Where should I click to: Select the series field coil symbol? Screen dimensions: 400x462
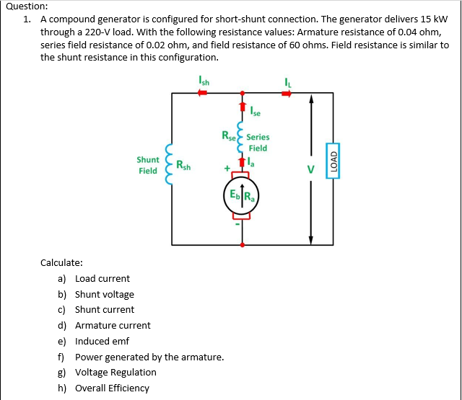(x=241, y=139)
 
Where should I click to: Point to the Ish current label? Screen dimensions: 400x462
(x=204, y=81)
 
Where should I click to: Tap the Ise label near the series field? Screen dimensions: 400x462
(x=255, y=112)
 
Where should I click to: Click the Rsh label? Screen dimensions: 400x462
(x=183, y=166)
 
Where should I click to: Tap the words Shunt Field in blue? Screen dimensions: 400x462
(x=148, y=165)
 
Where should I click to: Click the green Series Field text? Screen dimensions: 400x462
(x=258, y=142)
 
